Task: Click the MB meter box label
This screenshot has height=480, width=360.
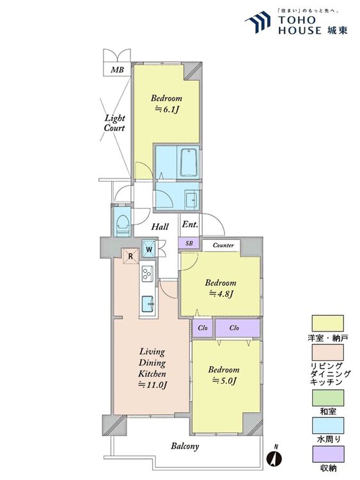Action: pos(117,70)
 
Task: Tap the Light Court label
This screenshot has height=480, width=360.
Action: pos(114,123)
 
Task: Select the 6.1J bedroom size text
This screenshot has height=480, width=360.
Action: pos(166,109)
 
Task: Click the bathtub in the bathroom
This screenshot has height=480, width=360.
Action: pos(189,163)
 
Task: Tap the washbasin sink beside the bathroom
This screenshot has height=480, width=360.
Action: pos(191,200)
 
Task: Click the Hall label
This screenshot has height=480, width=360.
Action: pos(160,227)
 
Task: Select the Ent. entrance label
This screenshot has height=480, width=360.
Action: pos(190,225)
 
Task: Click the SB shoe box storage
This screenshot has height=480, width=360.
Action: pos(189,244)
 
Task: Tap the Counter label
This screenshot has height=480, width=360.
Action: pos(223,245)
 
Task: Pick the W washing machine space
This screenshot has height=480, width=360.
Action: pos(149,249)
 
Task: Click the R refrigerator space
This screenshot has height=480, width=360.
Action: pos(130,256)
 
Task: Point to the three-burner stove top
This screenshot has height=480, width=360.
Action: pos(148,273)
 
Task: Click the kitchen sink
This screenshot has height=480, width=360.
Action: pos(148,303)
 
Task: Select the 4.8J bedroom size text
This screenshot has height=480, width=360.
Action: pos(221,294)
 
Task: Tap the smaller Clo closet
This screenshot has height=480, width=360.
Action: pos(203,328)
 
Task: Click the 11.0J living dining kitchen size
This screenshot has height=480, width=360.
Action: pos(152,385)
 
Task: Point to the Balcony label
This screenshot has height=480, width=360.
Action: pos(185,446)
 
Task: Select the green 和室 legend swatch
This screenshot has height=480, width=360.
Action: pos(327,398)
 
